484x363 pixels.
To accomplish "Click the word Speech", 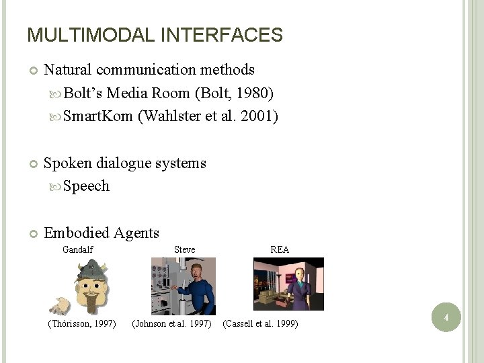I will (86, 186).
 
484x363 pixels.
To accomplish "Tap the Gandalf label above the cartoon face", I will (77, 249).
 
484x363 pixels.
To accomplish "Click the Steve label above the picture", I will (184, 249).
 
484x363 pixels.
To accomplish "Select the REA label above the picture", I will (280, 249).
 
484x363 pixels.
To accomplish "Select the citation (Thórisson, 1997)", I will (82, 325).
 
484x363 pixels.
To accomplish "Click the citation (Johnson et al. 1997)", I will (172, 325).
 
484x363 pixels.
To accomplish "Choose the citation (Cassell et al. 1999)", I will (261, 325).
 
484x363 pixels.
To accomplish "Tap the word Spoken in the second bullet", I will (67, 163).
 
